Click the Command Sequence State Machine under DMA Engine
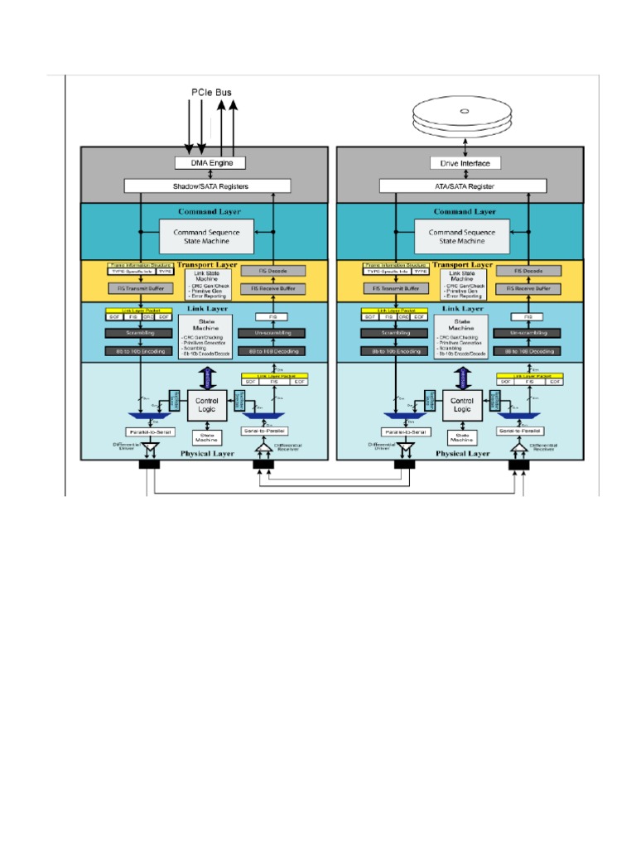click(206, 237)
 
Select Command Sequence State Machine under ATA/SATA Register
click(462, 237)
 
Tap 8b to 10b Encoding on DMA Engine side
click(139, 351)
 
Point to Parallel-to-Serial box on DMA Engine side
click(150, 432)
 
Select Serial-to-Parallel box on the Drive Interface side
click(519, 432)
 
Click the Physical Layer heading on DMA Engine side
click(207, 453)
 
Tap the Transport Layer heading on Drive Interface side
click(463, 265)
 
